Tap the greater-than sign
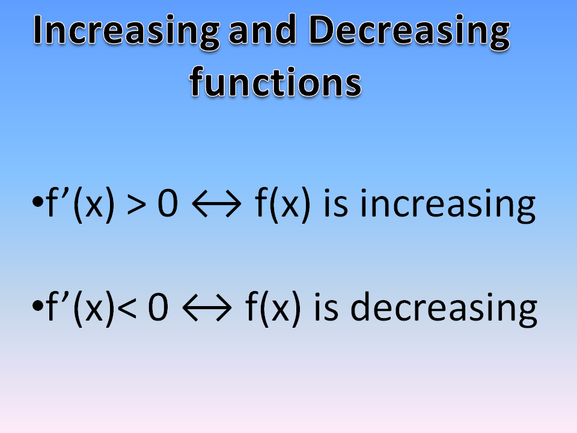136,204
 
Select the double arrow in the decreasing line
207,309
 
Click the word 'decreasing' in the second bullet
443,307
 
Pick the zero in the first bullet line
170,204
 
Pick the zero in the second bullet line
157,307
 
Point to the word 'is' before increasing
338,204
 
